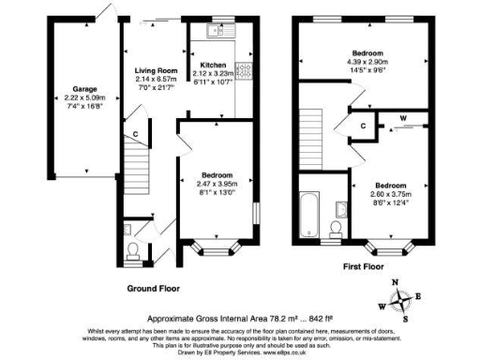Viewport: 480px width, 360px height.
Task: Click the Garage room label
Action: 73,90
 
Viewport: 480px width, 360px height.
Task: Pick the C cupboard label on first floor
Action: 362,126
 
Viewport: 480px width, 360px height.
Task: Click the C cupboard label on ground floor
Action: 136,135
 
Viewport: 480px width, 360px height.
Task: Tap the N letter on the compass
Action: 394,281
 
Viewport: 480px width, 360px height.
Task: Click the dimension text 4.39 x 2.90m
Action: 366,62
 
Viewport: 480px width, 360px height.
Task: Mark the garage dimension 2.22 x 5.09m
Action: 73,98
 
